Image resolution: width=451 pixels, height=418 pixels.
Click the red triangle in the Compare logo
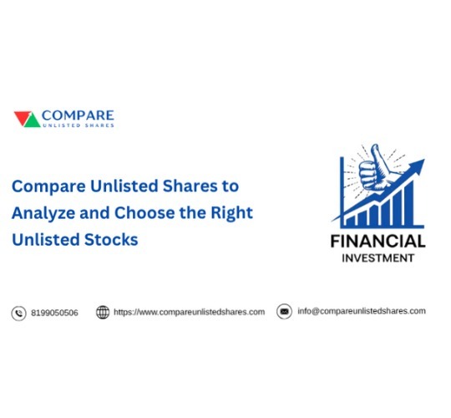pyautogui.click(x=21, y=117)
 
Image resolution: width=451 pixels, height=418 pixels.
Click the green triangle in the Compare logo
pyautogui.click(x=33, y=121)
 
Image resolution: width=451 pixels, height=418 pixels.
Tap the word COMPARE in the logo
pyautogui.click(x=78, y=115)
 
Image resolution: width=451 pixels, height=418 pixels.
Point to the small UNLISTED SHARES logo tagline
pyautogui.click(x=79, y=125)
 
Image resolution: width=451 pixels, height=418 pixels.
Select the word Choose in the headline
pyautogui.click(x=144, y=212)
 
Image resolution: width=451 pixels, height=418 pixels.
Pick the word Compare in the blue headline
pyautogui.click(x=48, y=186)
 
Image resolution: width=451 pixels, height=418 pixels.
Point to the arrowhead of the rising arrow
pyautogui.click(x=417, y=166)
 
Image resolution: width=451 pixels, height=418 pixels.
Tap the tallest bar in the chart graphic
pyautogui.click(x=409, y=203)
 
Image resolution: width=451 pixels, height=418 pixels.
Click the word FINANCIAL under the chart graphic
pyautogui.click(x=378, y=242)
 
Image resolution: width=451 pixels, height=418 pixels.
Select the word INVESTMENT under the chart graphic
pyautogui.click(x=378, y=258)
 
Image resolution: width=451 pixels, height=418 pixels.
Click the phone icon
pyautogui.click(x=18, y=313)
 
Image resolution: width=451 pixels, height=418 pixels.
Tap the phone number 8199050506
pyautogui.click(x=54, y=313)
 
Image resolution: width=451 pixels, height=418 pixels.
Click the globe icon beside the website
pyautogui.click(x=103, y=313)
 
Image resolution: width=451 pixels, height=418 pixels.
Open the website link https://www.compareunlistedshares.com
pyautogui.click(x=190, y=313)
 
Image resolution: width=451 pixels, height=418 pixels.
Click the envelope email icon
pyautogui.click(x=284, y=312)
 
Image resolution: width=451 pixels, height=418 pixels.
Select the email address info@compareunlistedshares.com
pyautogui.click(x=362, y=311)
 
